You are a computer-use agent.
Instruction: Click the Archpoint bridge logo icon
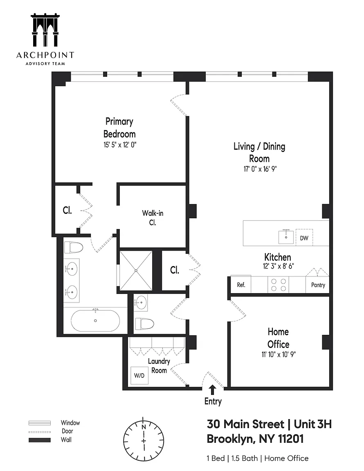point(45,30)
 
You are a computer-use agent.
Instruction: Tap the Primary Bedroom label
point(119,128)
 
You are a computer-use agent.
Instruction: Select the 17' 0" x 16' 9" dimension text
point(260,169)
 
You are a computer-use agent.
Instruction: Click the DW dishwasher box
point(304,238)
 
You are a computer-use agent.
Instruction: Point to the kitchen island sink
point(286,237)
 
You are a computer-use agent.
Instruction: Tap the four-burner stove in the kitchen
point(279,285)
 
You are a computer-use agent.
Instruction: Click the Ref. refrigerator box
point(241,285)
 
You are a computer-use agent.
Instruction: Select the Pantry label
point(318,285)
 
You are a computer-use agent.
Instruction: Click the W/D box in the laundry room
point(139,375)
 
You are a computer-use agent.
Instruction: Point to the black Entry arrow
point(213,390)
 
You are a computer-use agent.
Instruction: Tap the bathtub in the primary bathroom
point(95,321)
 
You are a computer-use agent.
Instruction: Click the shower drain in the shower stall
point(136,271)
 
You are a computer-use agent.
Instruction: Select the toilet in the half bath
point(145,324)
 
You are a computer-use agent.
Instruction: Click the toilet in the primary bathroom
point(73,247)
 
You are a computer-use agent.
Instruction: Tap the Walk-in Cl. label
point(153,218)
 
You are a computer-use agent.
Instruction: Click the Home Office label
point(279,338)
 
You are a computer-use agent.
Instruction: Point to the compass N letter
point(144,427)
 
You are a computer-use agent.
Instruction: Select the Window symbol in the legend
point(40,423)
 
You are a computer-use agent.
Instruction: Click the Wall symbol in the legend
point(40,440)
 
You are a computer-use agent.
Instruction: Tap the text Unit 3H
point(312,424)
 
